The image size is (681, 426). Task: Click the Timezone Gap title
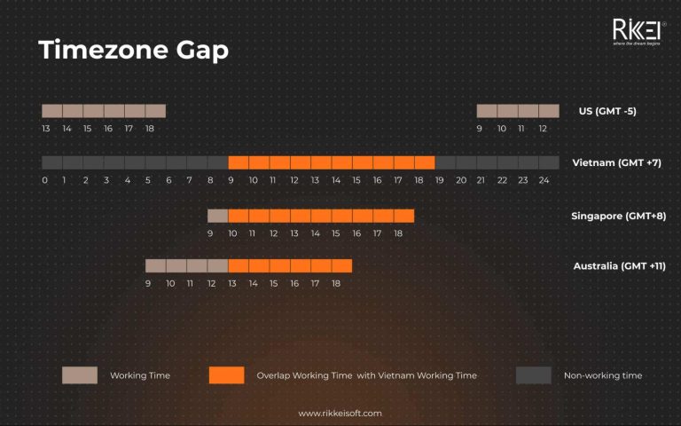[x=134, y=51]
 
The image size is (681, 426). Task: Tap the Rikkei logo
[x=636, y=31]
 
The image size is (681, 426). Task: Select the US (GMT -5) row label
[x=607, y=111]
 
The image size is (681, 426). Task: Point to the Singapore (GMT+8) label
[x=620, y=216]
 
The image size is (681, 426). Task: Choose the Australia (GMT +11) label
[x=618, y=266]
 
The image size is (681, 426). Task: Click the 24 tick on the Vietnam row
[x=544, y=180]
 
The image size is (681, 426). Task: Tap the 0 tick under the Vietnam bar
[x=44, y=180]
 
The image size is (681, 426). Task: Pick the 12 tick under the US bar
[x=543, y=129]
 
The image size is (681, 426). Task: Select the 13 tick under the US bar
[x=46, y=129]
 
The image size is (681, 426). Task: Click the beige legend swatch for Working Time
[x=80, y=375]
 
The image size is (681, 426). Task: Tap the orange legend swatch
[x=226, y=375]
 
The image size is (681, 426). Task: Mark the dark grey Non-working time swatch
[x=534, y=375]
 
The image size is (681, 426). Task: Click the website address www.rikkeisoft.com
[x=340, y=414]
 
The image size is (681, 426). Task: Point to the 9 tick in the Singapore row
[x=210, y=233]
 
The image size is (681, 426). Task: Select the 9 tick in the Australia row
[x=148, y=283]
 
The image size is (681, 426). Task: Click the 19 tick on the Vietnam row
[x=440, y=180]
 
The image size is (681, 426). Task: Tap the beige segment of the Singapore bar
[x=218, y=216]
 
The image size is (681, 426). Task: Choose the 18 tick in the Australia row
[x=335, y=283]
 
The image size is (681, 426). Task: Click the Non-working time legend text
[x=603, y=375]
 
